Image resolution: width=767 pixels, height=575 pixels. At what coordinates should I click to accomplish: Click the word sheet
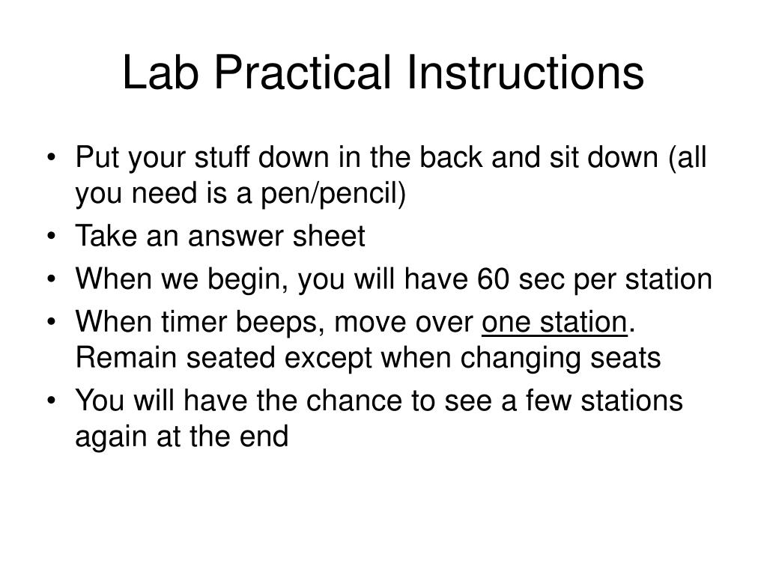[328, 237]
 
